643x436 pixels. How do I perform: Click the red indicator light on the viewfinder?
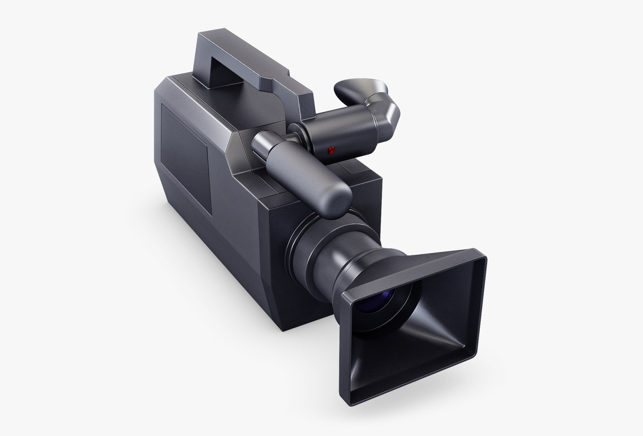[331, 150]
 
